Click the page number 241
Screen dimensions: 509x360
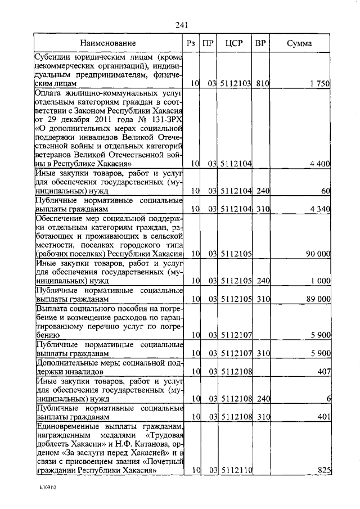pos(181,25)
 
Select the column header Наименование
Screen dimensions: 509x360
pos(107,43)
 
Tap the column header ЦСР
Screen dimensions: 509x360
pos(233,43)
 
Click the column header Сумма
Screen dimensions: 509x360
pos(299,43)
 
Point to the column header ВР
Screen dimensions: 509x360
pos(260,43)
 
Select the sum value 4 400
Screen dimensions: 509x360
pos(319,164)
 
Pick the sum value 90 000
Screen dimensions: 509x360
pos(317,254)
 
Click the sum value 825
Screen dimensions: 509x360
pos(323,470)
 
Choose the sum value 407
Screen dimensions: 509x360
pos(323,372)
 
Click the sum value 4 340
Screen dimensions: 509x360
pos(319,209)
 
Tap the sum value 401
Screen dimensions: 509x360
pos(323,417)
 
